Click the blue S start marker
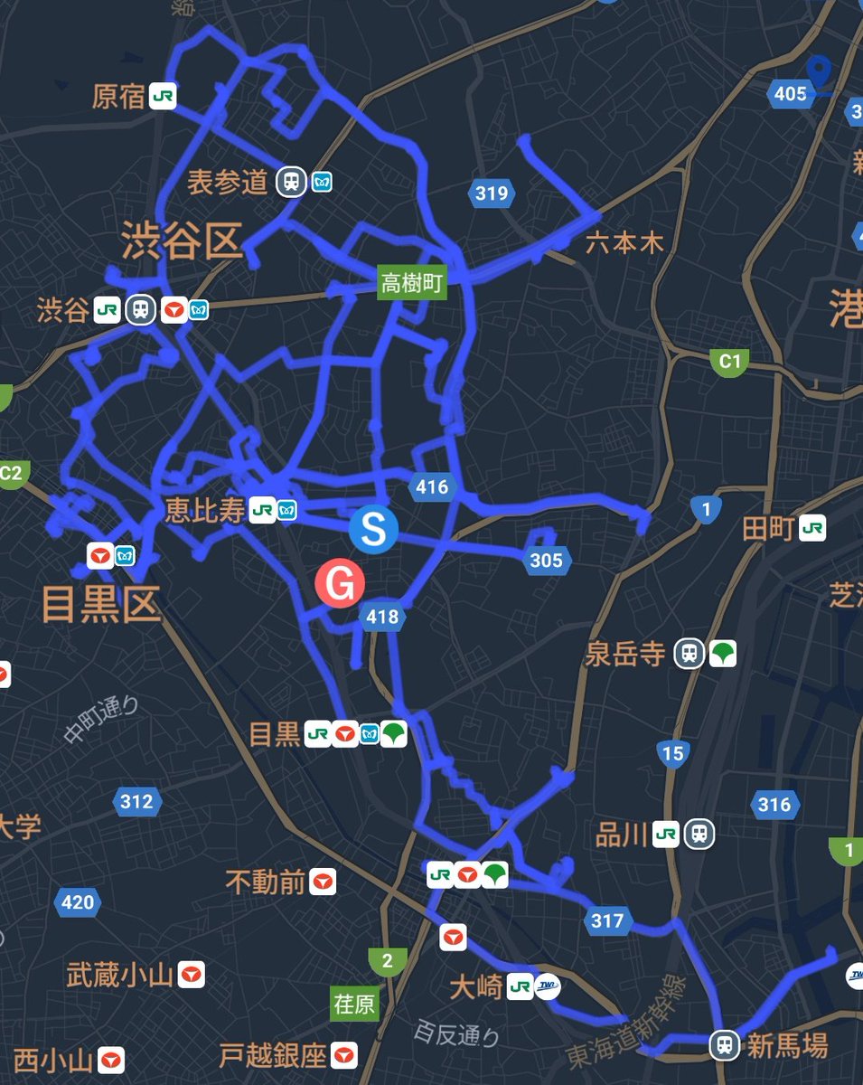pyautogui.click(x=373, y=529)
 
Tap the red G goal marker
pyautogui.click(x=340, y=585)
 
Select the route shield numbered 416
pyautogui.click(x=432, y=487)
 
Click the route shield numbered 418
pyautogui.click(x=380, y=617)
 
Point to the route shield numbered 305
pyautogui.click(x=546, y=561)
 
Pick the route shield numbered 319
pyautogui.click(x=492, y=193)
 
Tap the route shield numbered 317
pyautogui.click(x=606, y=920)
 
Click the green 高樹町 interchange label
pyautogui.click(x=412, y=284)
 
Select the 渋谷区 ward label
pyautogui.click(x=183, y=242)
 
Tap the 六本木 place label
pyautogui.click(x=624, y=243)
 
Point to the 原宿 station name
pyautogui.click(x=118, y=97)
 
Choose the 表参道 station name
pyautogui.click(x=228, y=182)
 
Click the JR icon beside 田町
pyautogui.click(x=812, y=529)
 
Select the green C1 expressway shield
pyautogui.click(x=729, y=363)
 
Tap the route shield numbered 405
pyautogui.click(x=790, y=92)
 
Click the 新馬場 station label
pyautogui.click(x=787, y=1046)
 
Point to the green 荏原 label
pyautogui.click(x=354, y=1005)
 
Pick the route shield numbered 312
pyautogui.click(x=136, y=801)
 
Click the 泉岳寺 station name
pyautogui.click(x=625, y=654)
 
